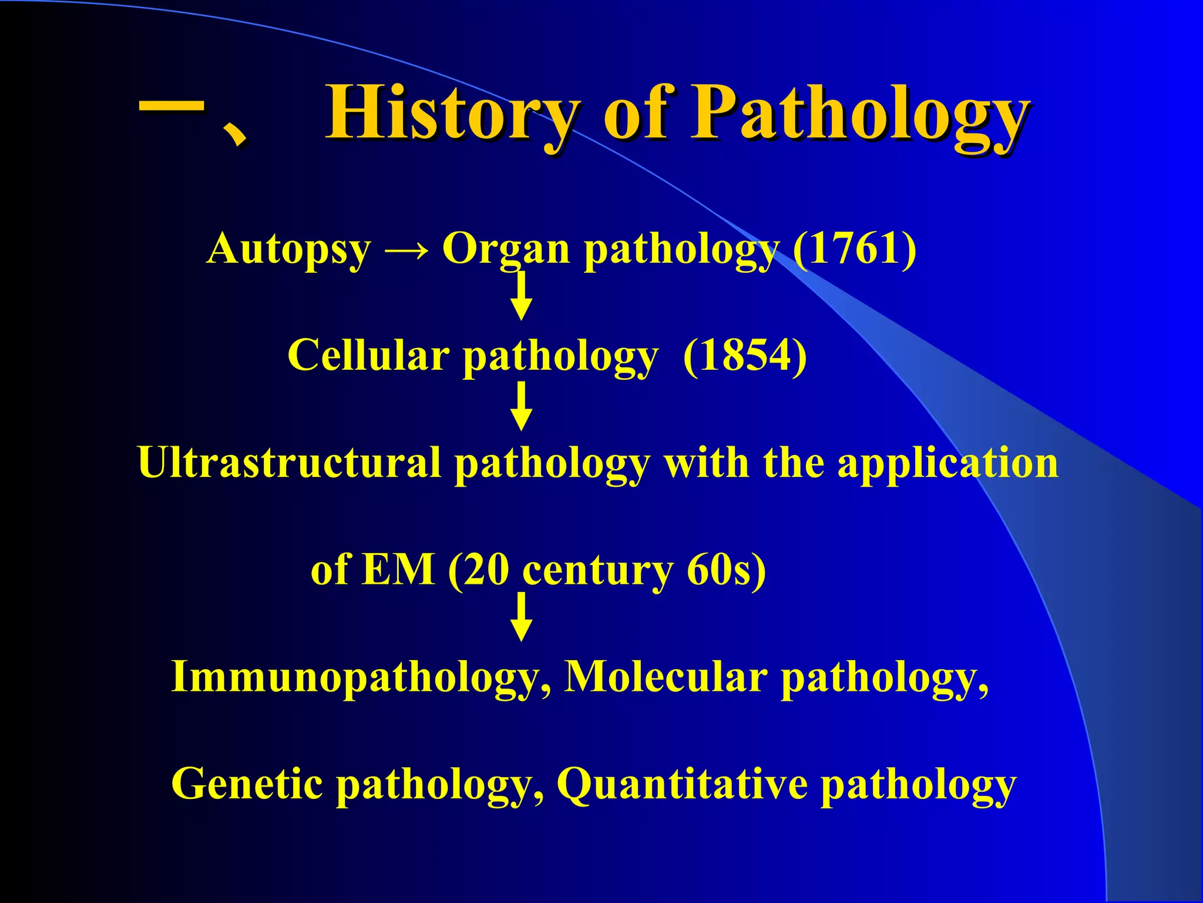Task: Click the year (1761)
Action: coord(855,249)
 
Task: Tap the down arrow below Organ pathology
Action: coord(521,296)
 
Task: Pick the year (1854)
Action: coord(745,356)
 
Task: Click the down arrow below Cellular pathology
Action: coord(521,407)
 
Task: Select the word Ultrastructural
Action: coord(289,463)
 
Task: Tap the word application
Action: coord(947,463)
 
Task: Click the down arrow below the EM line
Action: coord(521,617)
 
